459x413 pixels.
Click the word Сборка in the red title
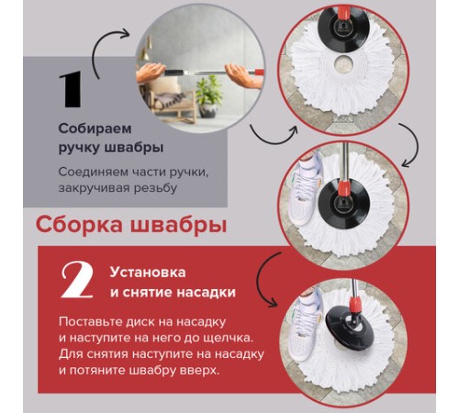point(80,225)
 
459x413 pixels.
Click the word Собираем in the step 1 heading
point(93,128)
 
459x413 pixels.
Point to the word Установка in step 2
point(147,273)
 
